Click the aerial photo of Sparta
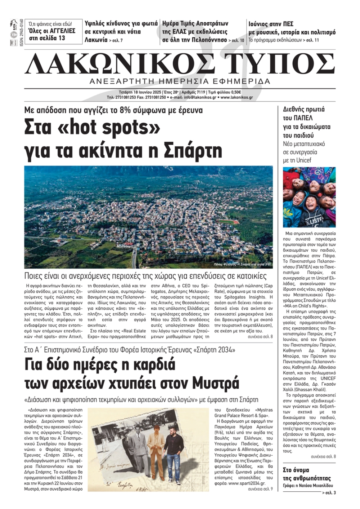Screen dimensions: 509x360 149,217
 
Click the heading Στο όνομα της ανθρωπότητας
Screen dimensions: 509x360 306,474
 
